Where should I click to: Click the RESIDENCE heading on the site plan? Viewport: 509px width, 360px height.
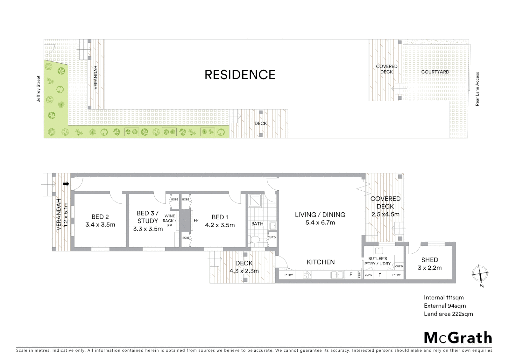[x=240, y=75]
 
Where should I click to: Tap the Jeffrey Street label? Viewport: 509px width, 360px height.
[x=39, y=89]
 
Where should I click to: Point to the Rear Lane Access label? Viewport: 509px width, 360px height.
[x=477, y=89]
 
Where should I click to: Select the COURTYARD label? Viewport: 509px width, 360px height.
[x=435, y=72]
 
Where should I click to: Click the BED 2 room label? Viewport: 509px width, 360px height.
[x=100, y=217]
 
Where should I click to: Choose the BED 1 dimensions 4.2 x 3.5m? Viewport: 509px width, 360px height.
[x=220, y=225]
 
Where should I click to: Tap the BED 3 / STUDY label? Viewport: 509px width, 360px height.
[x=148, y=217]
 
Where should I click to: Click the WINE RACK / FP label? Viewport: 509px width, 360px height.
[x=170, y=221]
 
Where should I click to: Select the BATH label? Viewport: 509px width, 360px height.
[x=257, y=224]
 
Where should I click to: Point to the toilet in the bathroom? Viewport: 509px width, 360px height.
[x=255, y=240]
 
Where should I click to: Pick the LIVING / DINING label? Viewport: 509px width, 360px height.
[x=320, y=215]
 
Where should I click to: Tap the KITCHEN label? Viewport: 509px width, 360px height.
[x=321, y=262]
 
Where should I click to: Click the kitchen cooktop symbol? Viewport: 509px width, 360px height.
[x=307, y=275]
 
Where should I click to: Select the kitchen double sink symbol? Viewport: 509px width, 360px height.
[x=337, y=275]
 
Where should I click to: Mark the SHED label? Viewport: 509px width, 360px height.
[x=430, y=260]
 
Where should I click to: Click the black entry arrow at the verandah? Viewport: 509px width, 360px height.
[x=66, y=184]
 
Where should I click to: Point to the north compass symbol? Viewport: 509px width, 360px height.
[x=480, y=274]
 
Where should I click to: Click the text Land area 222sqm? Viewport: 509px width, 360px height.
[x=448, y=314]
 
